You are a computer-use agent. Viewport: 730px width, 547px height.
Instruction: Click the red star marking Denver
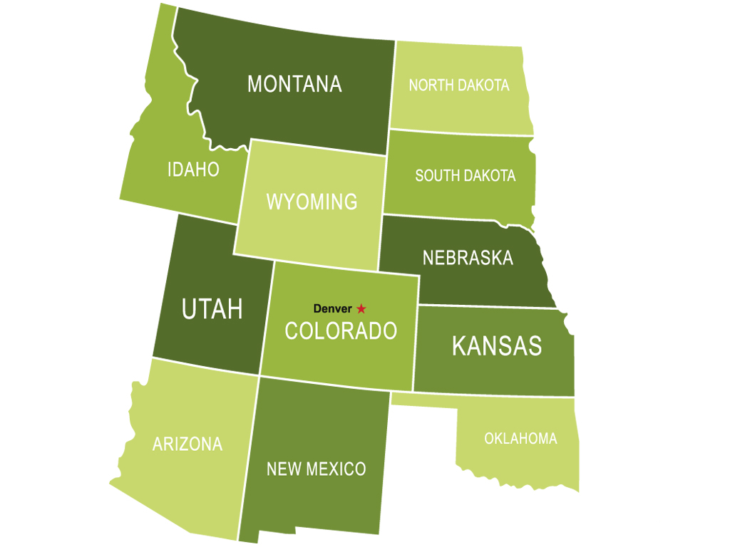361,308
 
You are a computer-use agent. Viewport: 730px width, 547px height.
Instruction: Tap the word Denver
332,309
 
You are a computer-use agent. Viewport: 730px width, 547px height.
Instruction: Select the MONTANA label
294,84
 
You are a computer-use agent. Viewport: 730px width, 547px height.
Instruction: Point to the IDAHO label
193,170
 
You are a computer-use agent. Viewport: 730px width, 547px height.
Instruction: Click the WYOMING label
312,202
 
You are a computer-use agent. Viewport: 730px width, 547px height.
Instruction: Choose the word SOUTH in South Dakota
438,175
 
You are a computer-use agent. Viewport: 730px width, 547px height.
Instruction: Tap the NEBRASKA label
468,257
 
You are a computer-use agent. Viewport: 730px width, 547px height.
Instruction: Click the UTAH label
212,309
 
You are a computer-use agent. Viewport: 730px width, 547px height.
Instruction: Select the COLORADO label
341,330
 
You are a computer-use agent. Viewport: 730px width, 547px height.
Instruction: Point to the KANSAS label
497,346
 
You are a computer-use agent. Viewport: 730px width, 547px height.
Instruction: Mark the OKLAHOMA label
520,439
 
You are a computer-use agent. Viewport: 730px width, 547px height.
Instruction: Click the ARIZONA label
187,444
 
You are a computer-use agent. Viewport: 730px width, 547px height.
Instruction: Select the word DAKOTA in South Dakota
490,175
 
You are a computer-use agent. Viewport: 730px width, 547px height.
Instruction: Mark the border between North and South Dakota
462,132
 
